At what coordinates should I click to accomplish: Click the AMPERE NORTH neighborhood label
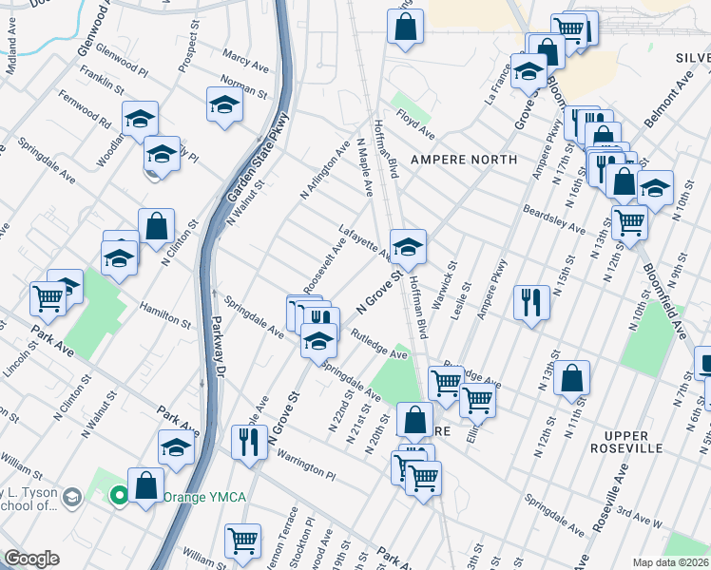(463, 160)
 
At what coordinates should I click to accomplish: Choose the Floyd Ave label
(415, 123)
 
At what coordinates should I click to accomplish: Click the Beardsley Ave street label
(554, 218)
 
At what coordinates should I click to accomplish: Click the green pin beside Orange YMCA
(119, 495)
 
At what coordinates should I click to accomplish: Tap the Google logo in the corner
(31, 559)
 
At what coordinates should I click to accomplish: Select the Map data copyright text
(671, 562)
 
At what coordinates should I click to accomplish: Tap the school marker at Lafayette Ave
(408, 247)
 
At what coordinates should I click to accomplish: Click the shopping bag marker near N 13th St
(571, 379)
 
